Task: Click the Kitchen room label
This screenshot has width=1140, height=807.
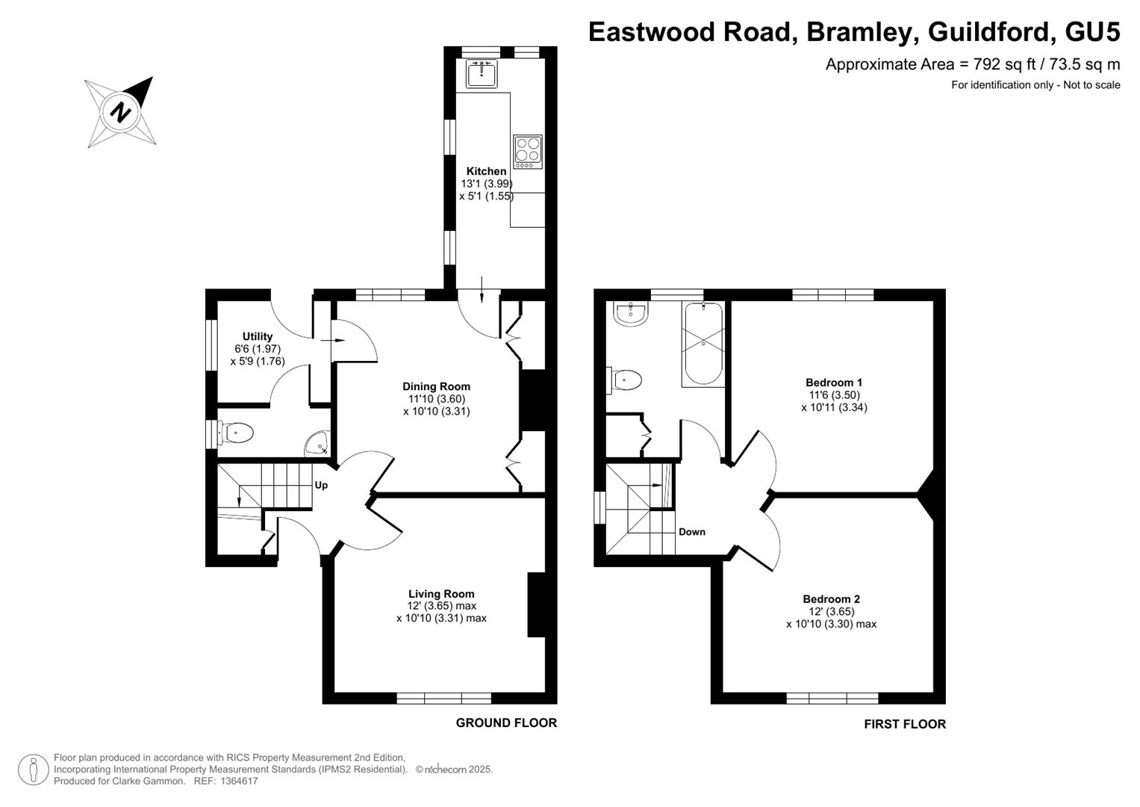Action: coord(487,171)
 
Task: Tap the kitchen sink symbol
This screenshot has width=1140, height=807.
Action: coord(482,74)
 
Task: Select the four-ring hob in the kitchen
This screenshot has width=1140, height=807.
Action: coord(528,152)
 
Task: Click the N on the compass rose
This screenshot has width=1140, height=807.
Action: coord(121,111)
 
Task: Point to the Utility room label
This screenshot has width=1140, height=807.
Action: coord(258,336)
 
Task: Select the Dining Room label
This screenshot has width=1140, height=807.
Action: coord(437,387)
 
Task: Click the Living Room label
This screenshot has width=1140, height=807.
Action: coord(441,593)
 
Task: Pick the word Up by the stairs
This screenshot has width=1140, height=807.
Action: coord(321,486)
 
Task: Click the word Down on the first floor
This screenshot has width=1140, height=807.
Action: coord(692,532)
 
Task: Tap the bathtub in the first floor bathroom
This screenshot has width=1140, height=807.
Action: coord(703,344)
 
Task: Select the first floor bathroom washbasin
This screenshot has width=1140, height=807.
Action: coord(631,314)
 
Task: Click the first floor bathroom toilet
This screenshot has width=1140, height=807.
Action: coord(624,380)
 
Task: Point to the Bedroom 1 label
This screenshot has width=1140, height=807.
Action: coord(834,383)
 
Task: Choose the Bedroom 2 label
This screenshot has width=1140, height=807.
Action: coord(832,599)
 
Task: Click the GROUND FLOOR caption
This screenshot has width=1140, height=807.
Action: coord(506,723)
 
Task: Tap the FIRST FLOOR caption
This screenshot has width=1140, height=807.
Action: coord(905,724)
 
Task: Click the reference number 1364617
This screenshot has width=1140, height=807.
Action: coord(239,781)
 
